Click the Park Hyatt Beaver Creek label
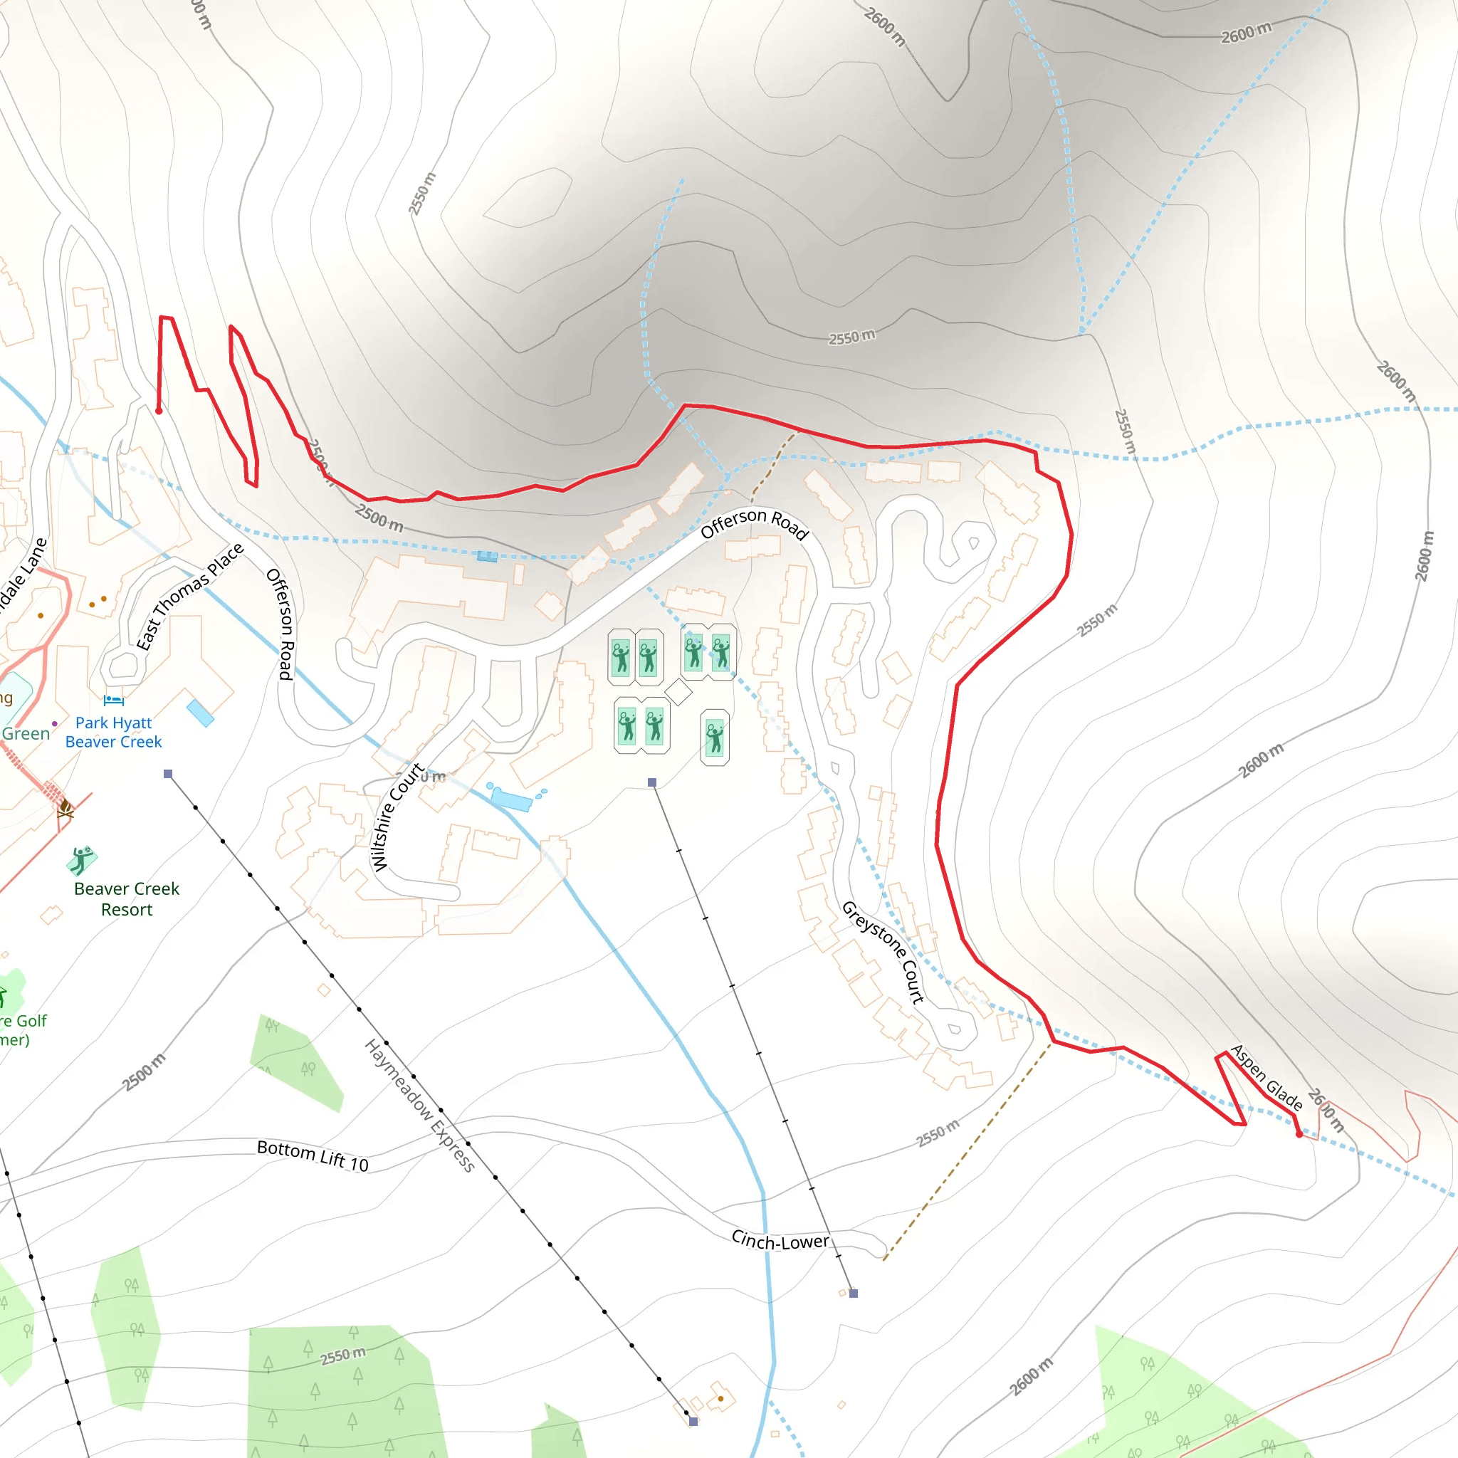pyautogui.click(x=113, y=732)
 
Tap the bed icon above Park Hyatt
pyautogui.click(x=113, y=700)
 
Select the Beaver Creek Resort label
pyautogui.click(x=126, y=899)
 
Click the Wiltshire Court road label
pyautogui.click(x=397, y=817)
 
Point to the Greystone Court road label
pyautogui.click(x=883, y=952)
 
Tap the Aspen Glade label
pyautogui.click(x=1266, y=1078)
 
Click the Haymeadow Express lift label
pyautogui.click(x=419, y=1106)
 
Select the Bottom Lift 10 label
pyautogui.click(x=313, y=1155)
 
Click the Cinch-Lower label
pyautogui.click(x=780, y=1241)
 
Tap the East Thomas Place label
pyautogui.click(x=189, y=596)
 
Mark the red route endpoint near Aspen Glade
pyautogui.click(x=1299, y=1134)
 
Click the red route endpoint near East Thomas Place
pyautogui.click(x=159, y=411)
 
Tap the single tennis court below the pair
pyautogui.click(x=715, y=738)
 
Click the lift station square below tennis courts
pyautogui.click(x=652, y=782)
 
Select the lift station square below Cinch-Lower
pyautogui.click(x=854, y=1294)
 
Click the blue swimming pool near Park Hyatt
pyautogui.click(x=200, y=713)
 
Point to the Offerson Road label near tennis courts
pyautogui.click(x=754, y=523)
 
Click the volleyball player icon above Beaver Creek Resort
pyautogui.click(x=81, y=859)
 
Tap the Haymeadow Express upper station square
pyautogui.click(x=168, y=774)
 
